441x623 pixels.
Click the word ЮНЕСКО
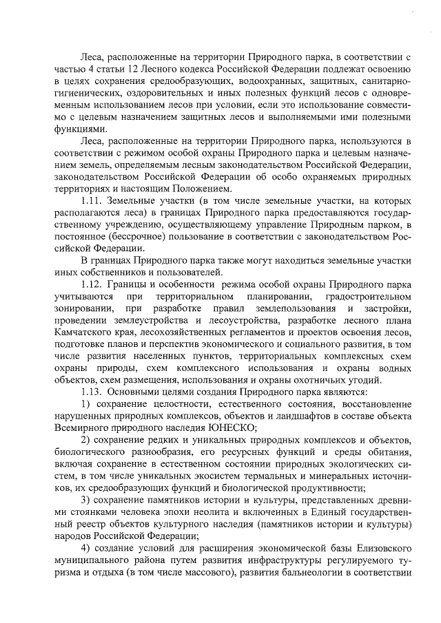[x=238, y=425]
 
